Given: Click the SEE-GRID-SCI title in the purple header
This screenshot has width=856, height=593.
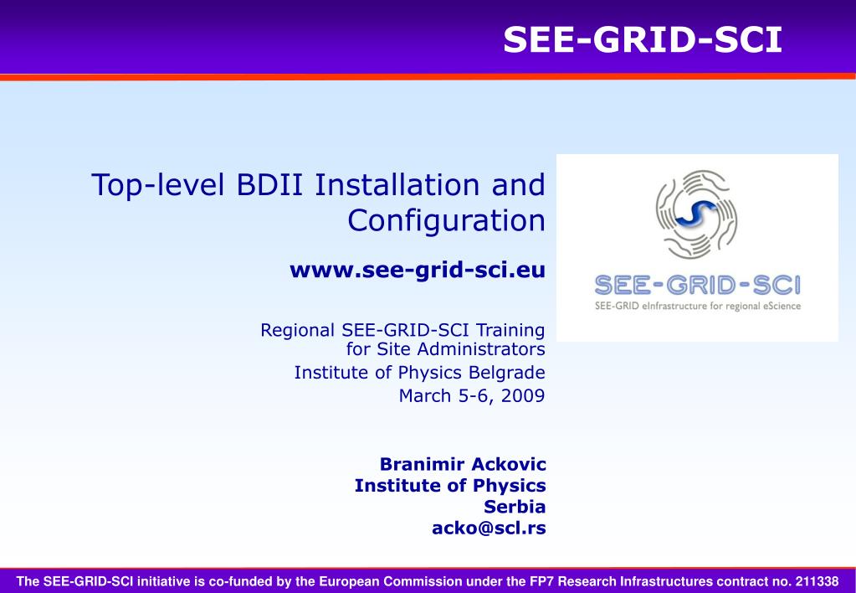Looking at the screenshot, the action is coord(643,40).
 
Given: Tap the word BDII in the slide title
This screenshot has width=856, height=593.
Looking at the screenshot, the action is coord(269,185).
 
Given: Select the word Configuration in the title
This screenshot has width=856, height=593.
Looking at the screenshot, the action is coord(446,221).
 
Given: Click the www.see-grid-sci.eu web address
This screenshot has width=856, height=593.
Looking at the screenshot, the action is coord(418,270).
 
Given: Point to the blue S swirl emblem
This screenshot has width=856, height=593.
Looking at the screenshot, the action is coord(696,214).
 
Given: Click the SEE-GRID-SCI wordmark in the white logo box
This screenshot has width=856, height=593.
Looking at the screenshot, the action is coord(697,286).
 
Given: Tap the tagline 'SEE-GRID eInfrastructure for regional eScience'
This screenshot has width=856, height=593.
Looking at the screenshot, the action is coord(698,306).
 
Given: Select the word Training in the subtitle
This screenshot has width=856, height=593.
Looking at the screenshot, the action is coord(510,331).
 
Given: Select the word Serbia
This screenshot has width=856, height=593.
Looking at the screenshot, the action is coord(515,507).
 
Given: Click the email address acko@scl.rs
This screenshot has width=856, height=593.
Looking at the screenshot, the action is coord(490,528).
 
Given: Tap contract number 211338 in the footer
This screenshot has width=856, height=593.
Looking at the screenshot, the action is coord(817,581).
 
